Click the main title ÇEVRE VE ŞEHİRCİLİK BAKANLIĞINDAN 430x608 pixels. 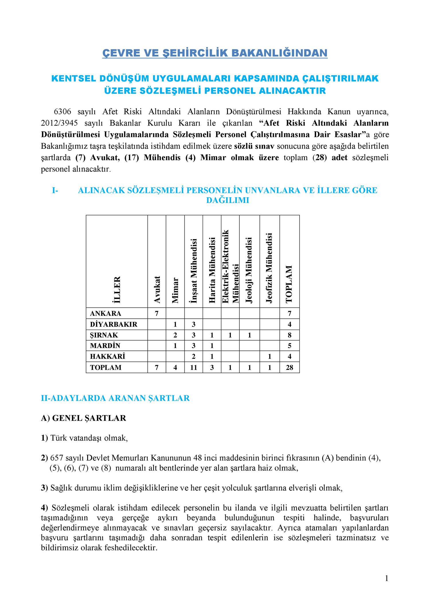215,53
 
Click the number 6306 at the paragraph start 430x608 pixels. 62,112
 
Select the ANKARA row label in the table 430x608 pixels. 105,313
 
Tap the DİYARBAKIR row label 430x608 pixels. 114,324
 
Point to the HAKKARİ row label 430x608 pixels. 107,356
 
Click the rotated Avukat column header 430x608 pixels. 157,289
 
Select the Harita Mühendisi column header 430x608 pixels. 212,270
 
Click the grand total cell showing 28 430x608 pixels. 290,367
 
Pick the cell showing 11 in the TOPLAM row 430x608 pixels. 193,367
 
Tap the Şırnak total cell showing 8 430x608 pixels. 290,335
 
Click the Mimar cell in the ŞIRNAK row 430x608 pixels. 175,335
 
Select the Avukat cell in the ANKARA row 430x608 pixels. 157,313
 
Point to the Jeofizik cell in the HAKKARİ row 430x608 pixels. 269,356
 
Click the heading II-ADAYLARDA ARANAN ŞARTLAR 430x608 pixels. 115,398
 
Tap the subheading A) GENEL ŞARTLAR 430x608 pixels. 83,418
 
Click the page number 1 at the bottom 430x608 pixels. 386,578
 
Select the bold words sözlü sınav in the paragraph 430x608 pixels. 254,146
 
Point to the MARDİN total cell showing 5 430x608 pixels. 290,346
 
